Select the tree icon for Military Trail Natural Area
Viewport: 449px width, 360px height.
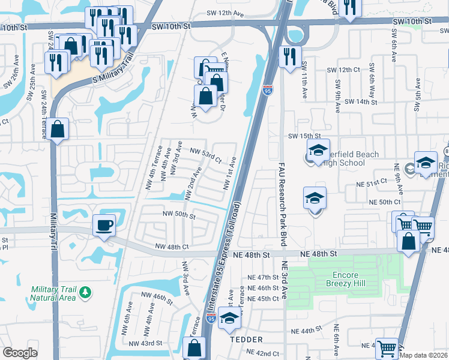pyautogui.click(x=86, y=292)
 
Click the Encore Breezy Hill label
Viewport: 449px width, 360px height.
pyautogui.click(x=341, y=281)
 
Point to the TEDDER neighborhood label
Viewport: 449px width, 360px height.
pyautogui.click(x=246, y=340)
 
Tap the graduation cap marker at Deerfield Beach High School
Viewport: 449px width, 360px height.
pyautogui.click(x=319, y=151)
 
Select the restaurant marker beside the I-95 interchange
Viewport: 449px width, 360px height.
pyautogui.click(x=290, y=57)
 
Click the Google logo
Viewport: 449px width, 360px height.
pyautogui.click(x=20, y=353)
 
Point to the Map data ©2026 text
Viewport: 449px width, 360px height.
pyautogui.click(x=424, y=355)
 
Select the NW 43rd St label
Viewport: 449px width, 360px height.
pyautogui.click(x=146, y=343)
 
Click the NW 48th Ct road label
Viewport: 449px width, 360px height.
pyautogui.click(x=172, y=247)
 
